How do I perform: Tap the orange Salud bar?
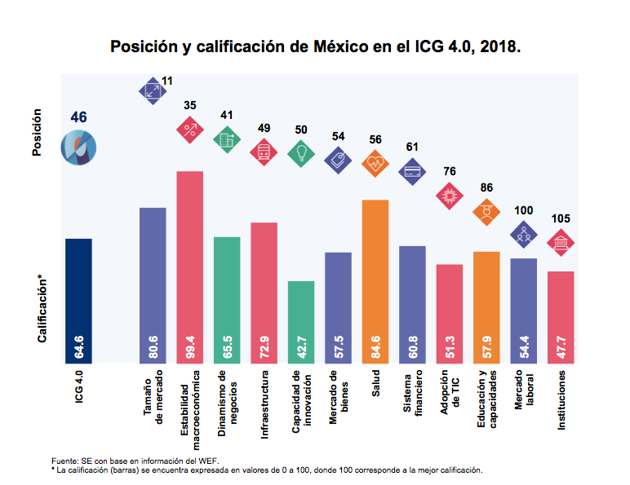[375, 281]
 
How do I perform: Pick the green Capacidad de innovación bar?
[301, 322]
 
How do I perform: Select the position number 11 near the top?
[167, 81]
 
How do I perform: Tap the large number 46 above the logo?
[79, 117]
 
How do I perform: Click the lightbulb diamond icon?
[301, 152]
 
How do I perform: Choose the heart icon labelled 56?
[375, 164]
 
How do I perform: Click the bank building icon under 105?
[561, 244]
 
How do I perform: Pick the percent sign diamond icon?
[190, 128]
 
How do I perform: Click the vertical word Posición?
[38, 134]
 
